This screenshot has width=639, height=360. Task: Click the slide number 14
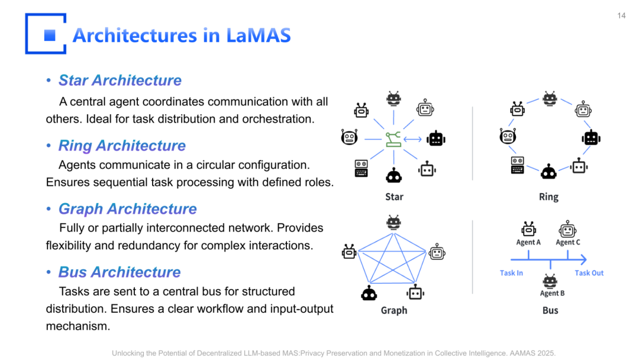(x=621, y=16)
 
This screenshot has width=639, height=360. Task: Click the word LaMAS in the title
(x=259, y=36)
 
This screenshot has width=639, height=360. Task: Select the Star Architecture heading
(x=120, y=81)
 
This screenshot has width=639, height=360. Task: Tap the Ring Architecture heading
(x=122, y=146)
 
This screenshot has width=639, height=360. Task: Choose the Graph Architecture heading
(x=127, y=209)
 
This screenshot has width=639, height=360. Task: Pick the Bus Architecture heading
(x=119, y=272)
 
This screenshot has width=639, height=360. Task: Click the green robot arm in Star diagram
(x=393, y=140)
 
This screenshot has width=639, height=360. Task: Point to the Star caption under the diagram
(x=394, y=197)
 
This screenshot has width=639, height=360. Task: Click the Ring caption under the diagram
(x=548, y=197)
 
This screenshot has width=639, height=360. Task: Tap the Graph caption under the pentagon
(x=394, y=310)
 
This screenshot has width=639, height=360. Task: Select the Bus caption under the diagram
(x=550, y=310)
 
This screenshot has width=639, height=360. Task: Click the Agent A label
(x=528, y=242)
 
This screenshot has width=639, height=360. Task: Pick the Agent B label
(x=552, y=293)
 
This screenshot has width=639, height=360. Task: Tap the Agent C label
(x=568, y=242)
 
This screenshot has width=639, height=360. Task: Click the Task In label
(x=511, y=273)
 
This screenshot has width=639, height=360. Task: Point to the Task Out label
(x=589, y=273)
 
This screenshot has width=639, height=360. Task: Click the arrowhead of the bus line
(x=583, y=259)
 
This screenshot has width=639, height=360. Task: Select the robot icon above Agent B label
(x=550, y=280)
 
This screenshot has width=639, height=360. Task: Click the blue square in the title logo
(x=50, y=35)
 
